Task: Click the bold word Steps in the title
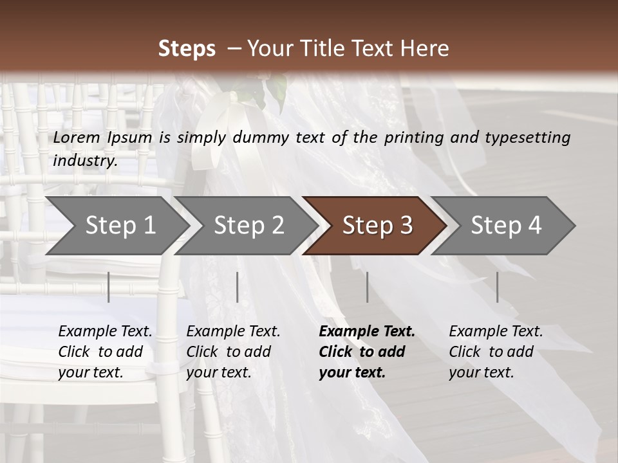(x=187, y=49)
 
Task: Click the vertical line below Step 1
(x=109, y=287)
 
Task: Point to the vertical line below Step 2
(x=238, y=287)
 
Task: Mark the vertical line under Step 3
(x=367, y=287)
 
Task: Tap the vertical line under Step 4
(x=497, y=287)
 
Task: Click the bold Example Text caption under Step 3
(x=367, y=352)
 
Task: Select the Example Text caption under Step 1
(x=105, y=352)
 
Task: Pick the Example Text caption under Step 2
(x=233, y=352)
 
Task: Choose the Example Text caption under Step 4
(x=496, y=352)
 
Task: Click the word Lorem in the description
(x=77, y=138)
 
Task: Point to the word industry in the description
(x=85, y=161)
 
